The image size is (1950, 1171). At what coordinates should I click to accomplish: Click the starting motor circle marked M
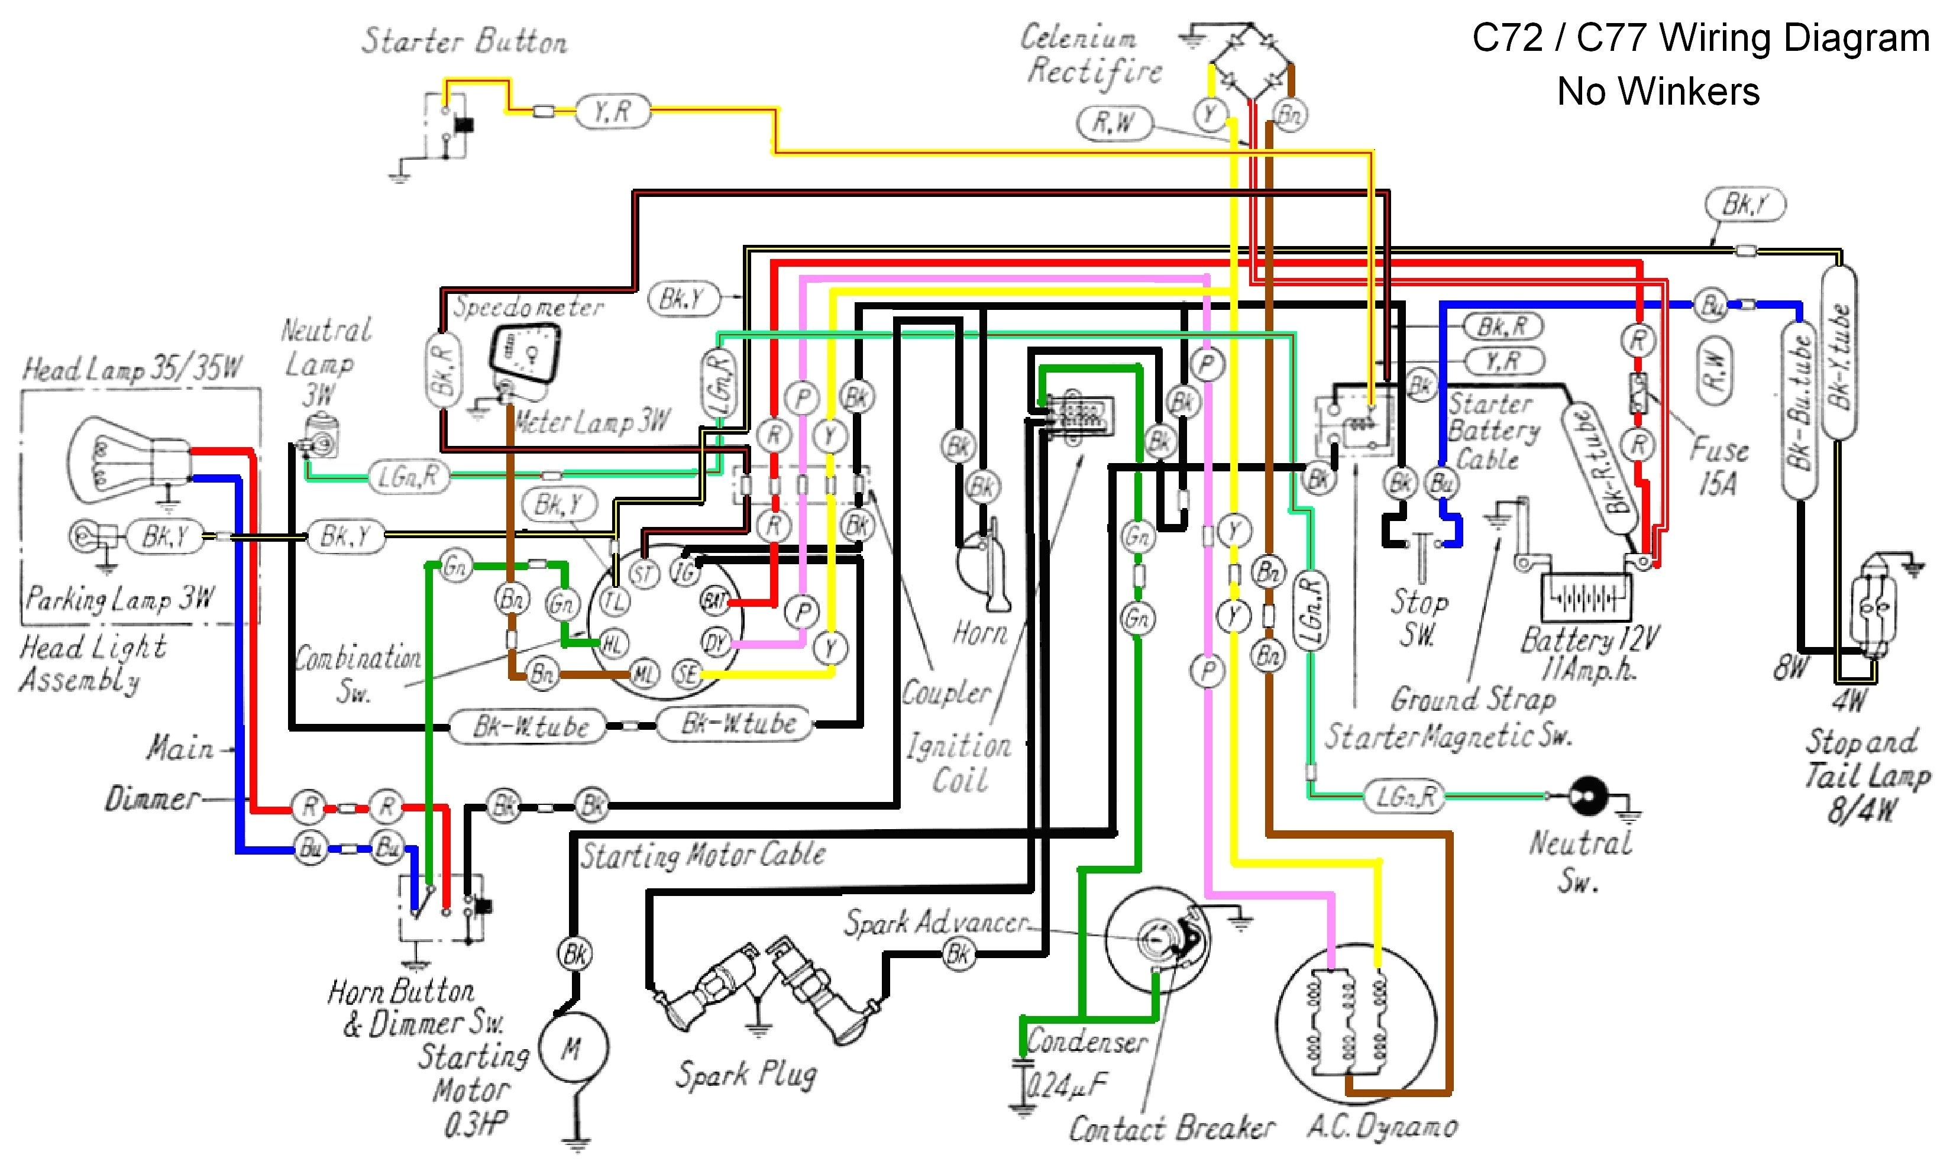click(573, 1048)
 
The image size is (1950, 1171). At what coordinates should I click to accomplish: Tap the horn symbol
click(984, 572)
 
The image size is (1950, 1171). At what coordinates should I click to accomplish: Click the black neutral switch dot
click(1587, 795)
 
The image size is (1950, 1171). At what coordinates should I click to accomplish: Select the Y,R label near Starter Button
click(612, 111)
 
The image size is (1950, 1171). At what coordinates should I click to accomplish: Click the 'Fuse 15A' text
click(1718, 465)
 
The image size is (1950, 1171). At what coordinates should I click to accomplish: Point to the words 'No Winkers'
click(1657, 92)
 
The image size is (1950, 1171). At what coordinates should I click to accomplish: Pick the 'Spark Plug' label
click(746, 1074)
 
